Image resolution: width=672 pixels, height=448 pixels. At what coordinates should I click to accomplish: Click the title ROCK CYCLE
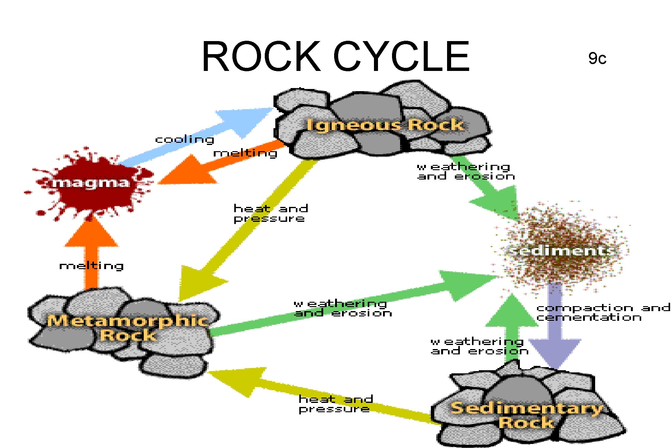[x=335, y=57]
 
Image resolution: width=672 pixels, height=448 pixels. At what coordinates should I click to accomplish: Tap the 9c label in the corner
[x=597, y=58]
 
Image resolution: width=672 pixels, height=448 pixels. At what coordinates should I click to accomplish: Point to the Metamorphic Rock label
[x=128, y=328]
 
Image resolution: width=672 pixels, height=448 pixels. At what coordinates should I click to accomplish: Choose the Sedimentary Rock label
[x=526, y=415]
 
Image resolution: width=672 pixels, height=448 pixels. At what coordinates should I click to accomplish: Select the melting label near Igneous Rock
[x=245, y=153]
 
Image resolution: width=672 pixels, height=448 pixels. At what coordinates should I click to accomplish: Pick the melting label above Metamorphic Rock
[x=91, y=266]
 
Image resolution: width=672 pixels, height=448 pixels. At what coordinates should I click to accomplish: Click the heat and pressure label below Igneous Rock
[x=271, y=213]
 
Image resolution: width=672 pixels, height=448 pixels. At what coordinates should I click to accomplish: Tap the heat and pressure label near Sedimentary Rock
[x=335, y=404]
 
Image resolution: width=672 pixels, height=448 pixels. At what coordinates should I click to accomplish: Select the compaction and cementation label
[x=603, y=312]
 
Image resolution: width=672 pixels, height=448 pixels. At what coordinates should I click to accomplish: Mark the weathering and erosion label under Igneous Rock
[x=465, y=171]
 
